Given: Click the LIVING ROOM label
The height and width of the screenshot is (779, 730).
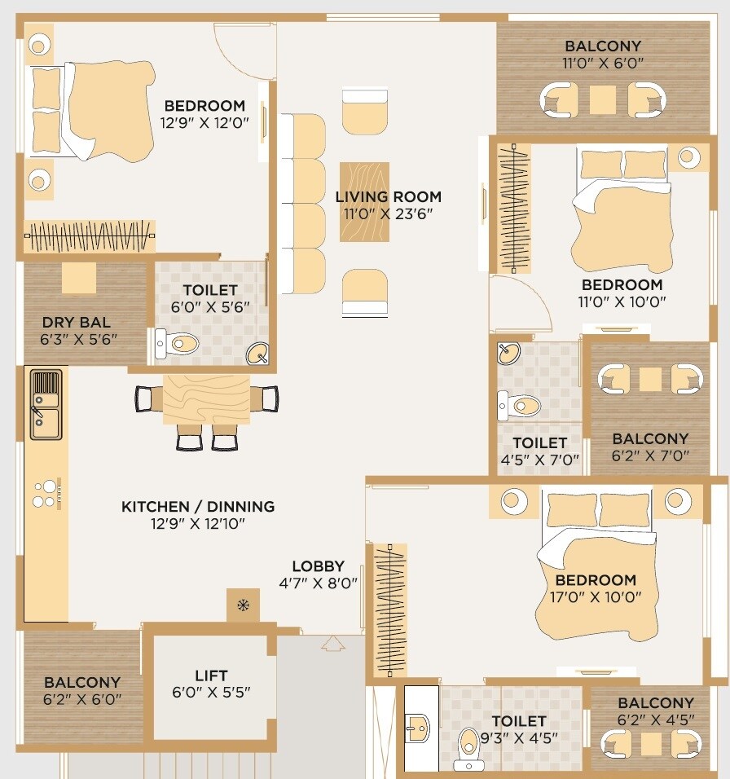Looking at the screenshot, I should [389, 196].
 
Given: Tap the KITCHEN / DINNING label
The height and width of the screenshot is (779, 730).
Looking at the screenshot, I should [198, 506].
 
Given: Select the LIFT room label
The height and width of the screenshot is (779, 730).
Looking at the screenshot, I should [211, 676].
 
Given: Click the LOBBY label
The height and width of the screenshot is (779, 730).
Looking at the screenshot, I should [319, 566].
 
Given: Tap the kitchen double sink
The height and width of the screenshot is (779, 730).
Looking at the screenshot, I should [45, 403].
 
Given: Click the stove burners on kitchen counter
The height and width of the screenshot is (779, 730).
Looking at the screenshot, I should [46, 493].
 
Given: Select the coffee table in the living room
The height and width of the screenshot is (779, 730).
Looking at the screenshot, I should [364, 201].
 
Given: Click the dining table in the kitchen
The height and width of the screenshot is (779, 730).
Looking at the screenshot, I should [206, 399].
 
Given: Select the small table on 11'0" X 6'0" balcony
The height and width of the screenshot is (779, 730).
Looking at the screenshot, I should [603, 99].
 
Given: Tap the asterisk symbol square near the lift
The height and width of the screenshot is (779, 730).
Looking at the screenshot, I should [243, 605].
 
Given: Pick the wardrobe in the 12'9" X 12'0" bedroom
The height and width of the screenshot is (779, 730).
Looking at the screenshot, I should [90, 235].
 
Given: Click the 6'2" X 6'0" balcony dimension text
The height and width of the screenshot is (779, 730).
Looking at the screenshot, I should [82, 698].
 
